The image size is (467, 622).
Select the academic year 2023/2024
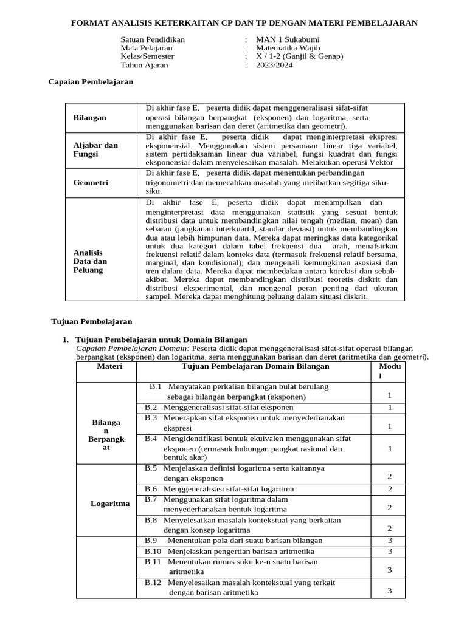click(x=274, y=65)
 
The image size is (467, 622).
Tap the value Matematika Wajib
click(x=288, y=47)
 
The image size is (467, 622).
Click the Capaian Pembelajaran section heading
click(x=91, y=81)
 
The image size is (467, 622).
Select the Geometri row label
click(x=91, y=182)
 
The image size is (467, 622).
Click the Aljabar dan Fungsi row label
click(x=95, y=150)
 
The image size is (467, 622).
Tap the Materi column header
click(x=109, y=367)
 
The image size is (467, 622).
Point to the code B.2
click(x=151, y=407)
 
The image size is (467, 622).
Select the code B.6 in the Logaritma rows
click(x=151, y=489)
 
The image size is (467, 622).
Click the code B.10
click(x=153, y=551)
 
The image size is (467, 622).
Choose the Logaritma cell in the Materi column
click(x=109, y=504)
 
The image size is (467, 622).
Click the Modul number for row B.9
click(x=390, y=541)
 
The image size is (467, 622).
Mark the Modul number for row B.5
click(x=390, y=477)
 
